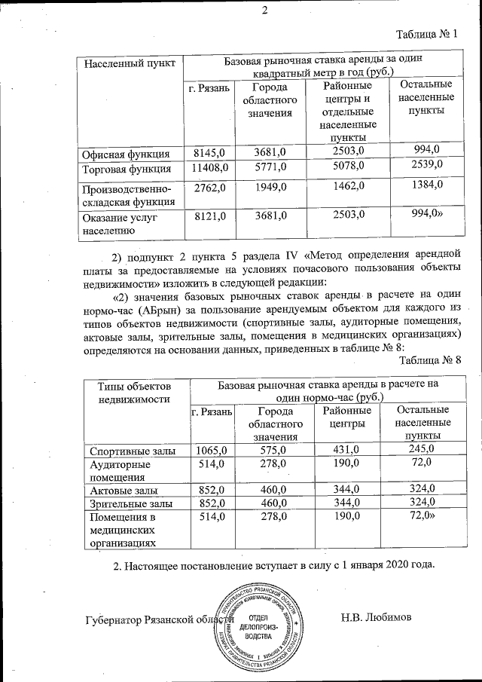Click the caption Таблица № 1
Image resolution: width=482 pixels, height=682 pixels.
[426, 34]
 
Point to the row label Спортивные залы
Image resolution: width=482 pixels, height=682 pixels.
[133, 451]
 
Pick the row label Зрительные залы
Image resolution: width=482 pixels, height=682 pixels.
[131, 503]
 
